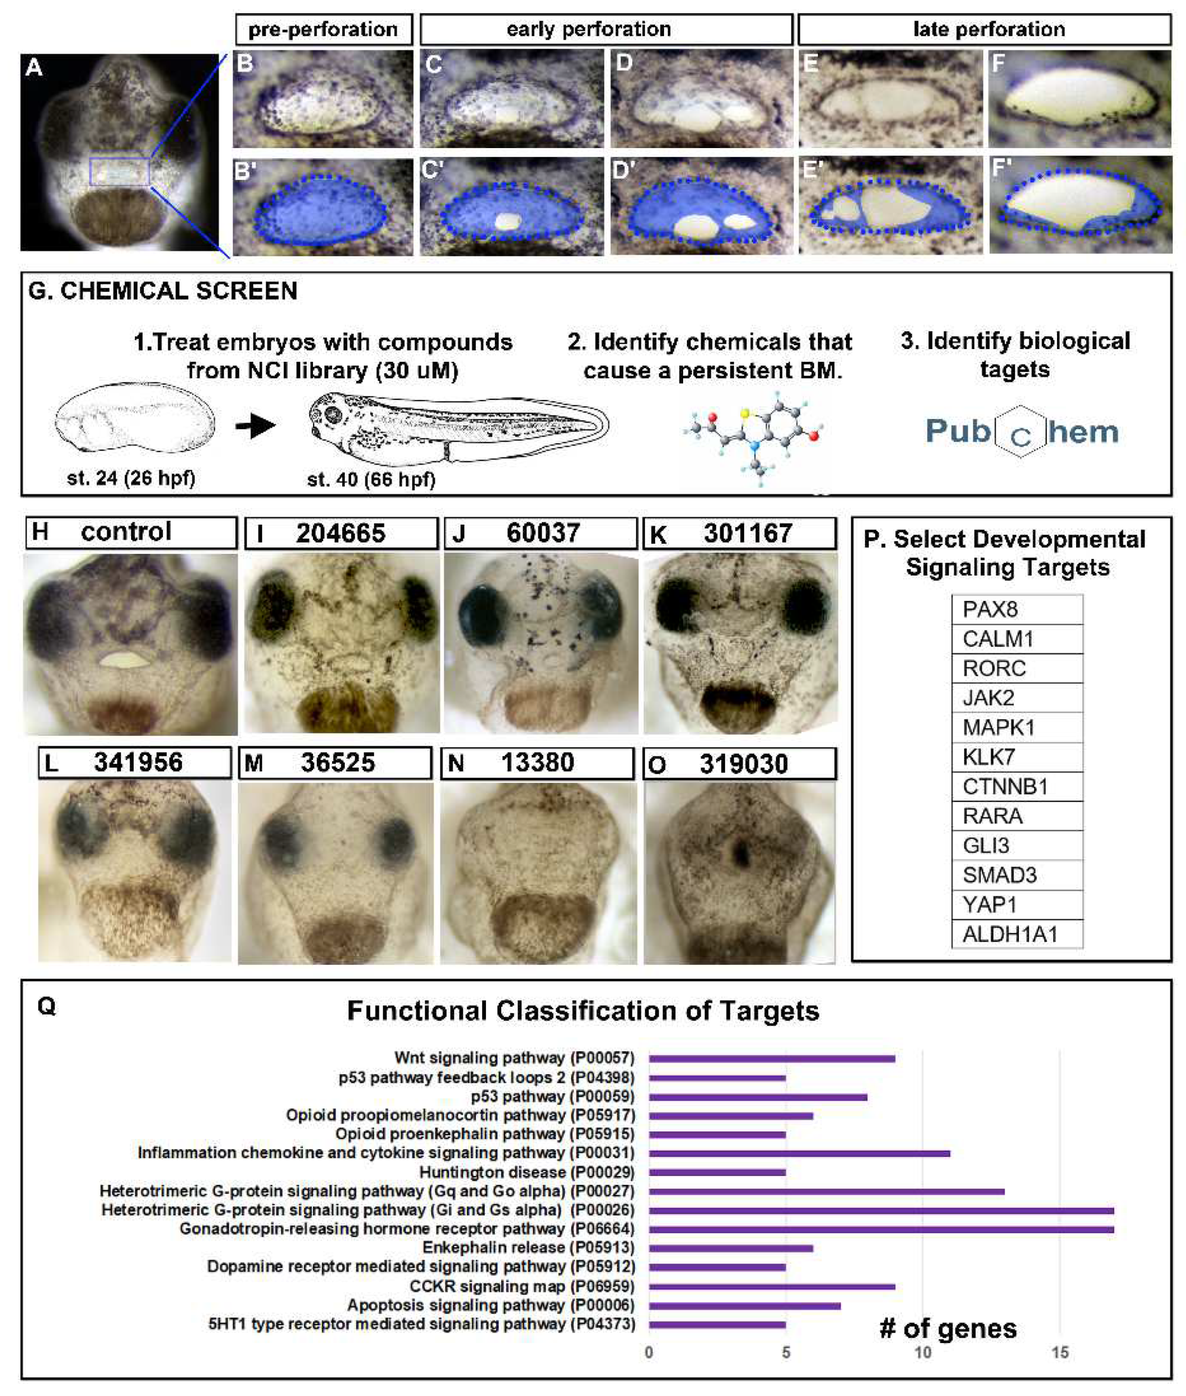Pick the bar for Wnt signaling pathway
pyautogui.click(x=771, y=1059)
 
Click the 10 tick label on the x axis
pyautogui.click(x=923, y=1352)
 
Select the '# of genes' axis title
pyautogui.click(x=948, y=1329)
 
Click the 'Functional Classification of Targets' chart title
pyautogui.click(x=583, y=1011)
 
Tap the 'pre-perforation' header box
pyautogui.click(x=324, y=30)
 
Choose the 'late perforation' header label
pyautogui.click(x=988, y=30)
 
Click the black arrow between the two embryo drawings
pyautogui.click(x=255, y=425)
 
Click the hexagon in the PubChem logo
pyautogui.click(x=1020, y=432)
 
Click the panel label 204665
pyautogui.click(x=341, y=533)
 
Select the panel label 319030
pyautogui.click(x=743, y=764)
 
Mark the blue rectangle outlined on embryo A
pyautogui.click(x=119, y=171)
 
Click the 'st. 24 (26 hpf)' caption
pyautogui.click(x=132, y=478)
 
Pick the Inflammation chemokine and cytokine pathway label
pyautogui.click(x=385, y=1153)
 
